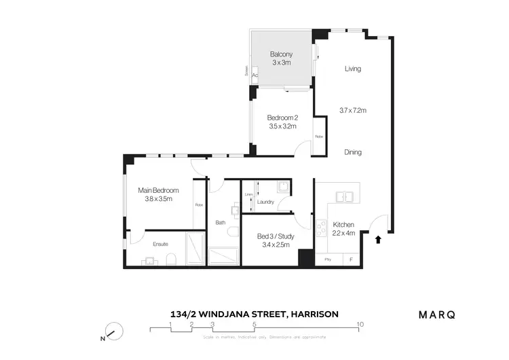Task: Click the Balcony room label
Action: coord(280,54)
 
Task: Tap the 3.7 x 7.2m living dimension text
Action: coord(352,110)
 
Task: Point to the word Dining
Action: coord(352,152)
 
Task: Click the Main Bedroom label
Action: coord(158,190)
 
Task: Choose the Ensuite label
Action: coord(160,244)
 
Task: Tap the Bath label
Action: coord(221,222)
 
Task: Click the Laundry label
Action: coord(265,202)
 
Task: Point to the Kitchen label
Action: coord(343,225)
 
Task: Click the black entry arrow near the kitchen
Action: coord(379,238)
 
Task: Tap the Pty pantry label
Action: coord(328,259)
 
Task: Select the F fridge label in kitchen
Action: coord(351,259)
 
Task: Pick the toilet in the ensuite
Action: coord(172,259)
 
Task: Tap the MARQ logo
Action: coord(436,314)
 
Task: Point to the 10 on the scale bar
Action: coord(360,324)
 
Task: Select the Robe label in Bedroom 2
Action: coord(318,137)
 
